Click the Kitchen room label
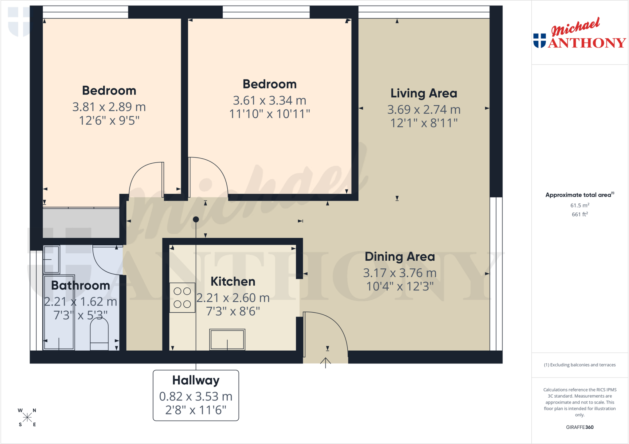233,282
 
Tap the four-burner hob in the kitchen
182,298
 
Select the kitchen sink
227,339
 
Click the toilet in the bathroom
99,334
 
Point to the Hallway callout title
196,380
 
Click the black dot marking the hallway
196,219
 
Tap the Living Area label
424,93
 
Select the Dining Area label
400,257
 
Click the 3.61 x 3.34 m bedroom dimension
270,100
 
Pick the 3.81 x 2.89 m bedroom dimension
109,107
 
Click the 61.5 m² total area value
580,205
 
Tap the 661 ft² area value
580,214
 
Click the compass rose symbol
27,417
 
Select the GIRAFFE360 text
580,427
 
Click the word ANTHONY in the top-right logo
587,43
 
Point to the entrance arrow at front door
326,363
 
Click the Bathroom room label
80,286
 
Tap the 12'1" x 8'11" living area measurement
424,123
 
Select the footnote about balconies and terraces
580,365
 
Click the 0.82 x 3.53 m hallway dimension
196,396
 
